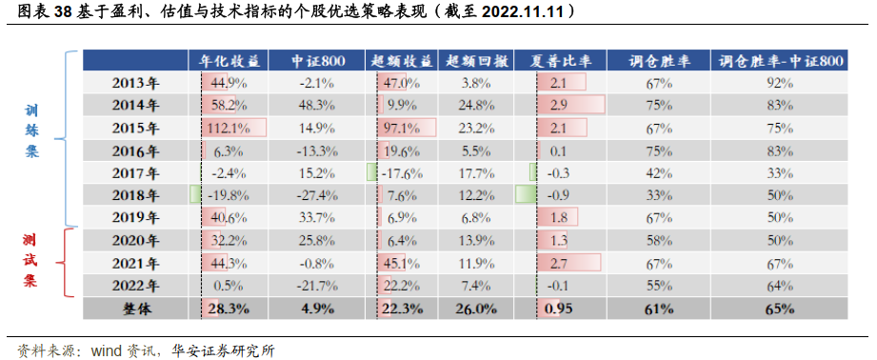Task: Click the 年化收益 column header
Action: coord(229,61)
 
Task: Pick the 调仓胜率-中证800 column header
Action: coord(780,61)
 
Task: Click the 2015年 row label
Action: coord(136,128)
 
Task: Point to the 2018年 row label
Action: coord(136,194)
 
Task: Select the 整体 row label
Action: coord(136,309)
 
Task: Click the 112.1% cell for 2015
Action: coord(229,128)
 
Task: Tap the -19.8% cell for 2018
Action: coord(229,194)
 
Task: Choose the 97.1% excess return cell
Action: coord(405,128)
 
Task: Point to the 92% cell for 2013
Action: coord(780,83)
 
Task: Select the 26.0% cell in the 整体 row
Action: coord(474,309)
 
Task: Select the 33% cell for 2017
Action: coord(780,172)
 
